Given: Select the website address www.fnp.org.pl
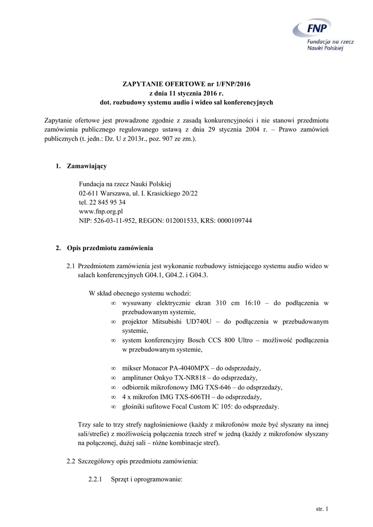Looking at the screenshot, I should (100, 211).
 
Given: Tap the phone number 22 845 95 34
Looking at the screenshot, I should (107, 202).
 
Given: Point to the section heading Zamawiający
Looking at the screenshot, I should (87, 166).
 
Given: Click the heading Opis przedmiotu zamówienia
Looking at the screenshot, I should (110, 248).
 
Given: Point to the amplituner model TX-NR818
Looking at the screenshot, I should (191, 378).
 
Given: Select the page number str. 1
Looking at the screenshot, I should (321, 509).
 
